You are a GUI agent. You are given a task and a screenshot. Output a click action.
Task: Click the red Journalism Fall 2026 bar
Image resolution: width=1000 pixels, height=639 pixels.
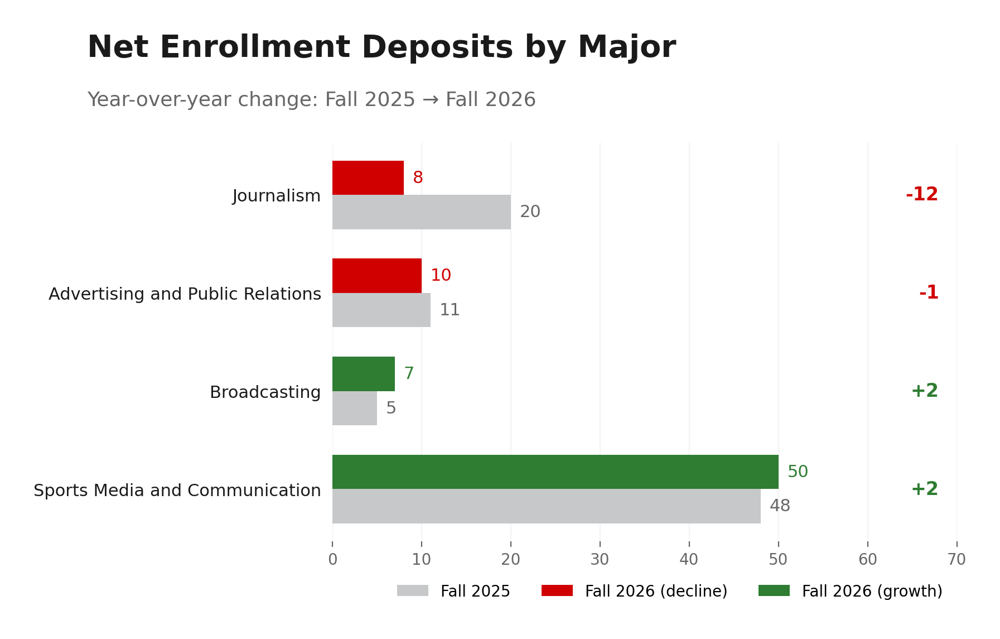tap(368, 177)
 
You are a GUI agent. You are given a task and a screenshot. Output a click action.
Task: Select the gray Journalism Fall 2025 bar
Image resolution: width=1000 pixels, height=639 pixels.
tap(422, 212)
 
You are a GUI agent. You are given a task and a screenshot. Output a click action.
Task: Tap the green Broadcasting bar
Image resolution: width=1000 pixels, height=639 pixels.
tap(364, 374)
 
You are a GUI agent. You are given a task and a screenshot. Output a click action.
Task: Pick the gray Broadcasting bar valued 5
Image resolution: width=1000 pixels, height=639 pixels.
tap(355, 408)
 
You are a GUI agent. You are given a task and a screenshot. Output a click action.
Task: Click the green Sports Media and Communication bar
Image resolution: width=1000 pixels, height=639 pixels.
tap(555, 472)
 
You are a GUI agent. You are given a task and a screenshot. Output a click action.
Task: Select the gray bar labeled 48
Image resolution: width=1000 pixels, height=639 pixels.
tap(546, 506)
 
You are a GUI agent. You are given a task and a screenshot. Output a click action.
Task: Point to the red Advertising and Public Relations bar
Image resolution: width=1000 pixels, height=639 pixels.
tap(377, 276)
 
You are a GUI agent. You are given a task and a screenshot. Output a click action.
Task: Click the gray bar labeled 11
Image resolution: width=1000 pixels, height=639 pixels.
tap(381, 310)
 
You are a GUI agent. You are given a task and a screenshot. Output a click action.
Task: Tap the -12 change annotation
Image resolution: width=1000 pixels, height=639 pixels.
tap(922, 195)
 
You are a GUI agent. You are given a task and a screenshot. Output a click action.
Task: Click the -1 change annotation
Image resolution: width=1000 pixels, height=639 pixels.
tap(929, 292)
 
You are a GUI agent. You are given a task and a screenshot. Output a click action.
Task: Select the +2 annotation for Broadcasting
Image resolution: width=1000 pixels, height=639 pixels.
tap(924, 391)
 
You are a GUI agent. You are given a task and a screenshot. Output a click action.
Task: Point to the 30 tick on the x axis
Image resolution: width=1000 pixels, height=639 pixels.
tap(600, 559)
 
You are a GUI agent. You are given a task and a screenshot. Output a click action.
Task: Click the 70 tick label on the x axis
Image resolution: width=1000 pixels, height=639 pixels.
tap(956, 559)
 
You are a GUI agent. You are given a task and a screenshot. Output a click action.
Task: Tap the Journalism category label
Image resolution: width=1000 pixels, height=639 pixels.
tap(277, 196)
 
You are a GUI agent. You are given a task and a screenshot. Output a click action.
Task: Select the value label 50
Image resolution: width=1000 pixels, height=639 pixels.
tap(798, 472)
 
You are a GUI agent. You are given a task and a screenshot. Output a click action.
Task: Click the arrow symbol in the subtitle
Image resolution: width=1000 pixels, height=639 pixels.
tap(430, 100)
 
